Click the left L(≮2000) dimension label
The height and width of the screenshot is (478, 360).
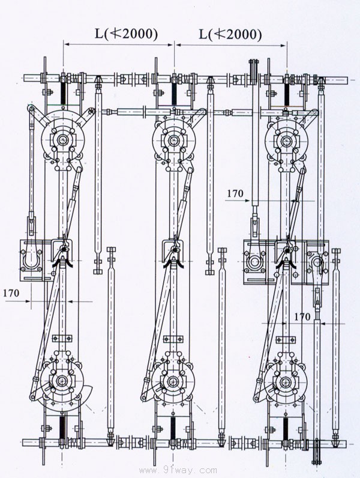point(126,34)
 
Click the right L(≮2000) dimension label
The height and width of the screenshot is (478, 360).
point(230,34)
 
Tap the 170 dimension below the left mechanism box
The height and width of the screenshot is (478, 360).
point(11,293)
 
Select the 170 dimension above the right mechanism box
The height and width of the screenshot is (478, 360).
point(235,193)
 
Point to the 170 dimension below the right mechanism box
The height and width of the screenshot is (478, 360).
point(302,316)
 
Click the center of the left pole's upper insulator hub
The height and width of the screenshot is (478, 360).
point(63,140)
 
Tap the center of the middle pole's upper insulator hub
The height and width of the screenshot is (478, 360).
point(174,140)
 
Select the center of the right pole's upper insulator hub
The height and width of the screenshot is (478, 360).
point(286,141)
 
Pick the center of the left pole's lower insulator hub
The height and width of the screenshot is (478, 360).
point(63,381)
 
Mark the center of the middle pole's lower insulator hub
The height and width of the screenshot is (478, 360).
point(173,381)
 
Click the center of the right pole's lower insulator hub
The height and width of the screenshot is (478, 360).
point(286,381)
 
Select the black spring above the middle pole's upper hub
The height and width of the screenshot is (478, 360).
point(174,94)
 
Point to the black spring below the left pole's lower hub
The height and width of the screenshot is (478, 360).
point(62,428)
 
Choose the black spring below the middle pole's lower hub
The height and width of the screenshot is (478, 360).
point(173,428)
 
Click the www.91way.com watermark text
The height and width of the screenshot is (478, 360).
point(178,470)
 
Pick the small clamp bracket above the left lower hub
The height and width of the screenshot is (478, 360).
point(62,338)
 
